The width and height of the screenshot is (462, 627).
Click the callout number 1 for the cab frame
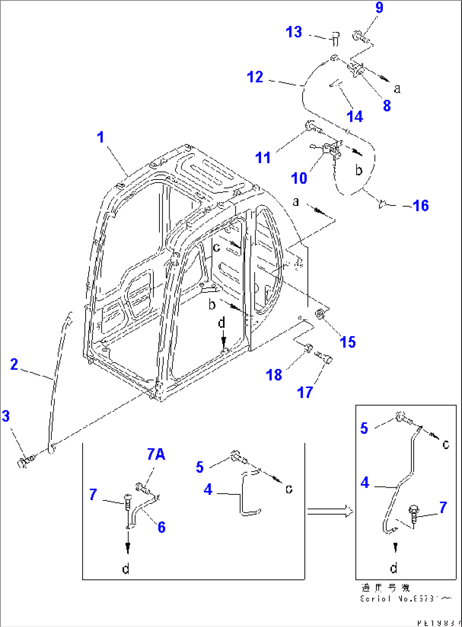(x=100, y=138)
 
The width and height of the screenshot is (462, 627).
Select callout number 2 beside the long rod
(x=14, y=364)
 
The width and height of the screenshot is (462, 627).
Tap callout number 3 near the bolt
(x=6, y=416)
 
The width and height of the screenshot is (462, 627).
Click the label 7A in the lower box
(x=156, y=455)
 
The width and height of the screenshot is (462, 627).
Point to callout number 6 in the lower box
(x=161, y=527)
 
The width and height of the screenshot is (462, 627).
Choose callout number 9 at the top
(x=379, y=8)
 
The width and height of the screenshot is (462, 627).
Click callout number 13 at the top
(x=294, y=32)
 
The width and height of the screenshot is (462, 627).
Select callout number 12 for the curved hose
(x=255, y=77)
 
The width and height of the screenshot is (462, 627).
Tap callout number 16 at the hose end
(x=421, y=206)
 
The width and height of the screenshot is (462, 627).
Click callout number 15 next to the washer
(x=348, y=342)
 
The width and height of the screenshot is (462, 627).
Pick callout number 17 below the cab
(x=305, y=393)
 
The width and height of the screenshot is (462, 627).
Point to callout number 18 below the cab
(x=274, y=375)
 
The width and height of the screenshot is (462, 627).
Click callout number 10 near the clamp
(x=299, y=178)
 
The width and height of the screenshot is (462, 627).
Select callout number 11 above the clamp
(x=263, y=158)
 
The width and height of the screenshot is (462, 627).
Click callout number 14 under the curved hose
(x=355, y=116)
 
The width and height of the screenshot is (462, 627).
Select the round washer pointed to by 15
(x=320, y=315)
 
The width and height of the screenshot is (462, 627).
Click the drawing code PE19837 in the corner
(x=438, y=623)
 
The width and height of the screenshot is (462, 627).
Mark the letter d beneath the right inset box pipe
(x=394, y=568)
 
